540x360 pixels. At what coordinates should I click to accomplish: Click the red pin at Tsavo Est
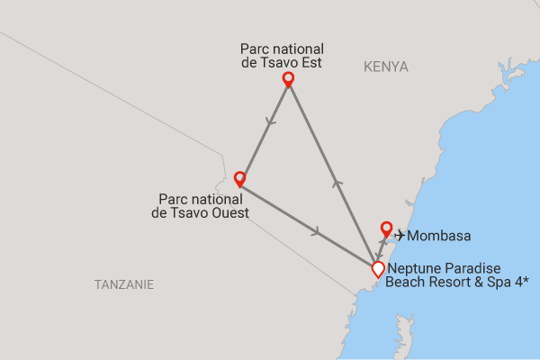288,79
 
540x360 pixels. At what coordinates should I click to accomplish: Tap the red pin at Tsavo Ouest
239,178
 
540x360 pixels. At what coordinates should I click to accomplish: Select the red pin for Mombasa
386,229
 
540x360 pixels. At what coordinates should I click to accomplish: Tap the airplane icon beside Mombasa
400,236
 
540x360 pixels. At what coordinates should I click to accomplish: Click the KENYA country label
386,67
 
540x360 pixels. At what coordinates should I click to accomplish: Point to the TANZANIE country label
124,284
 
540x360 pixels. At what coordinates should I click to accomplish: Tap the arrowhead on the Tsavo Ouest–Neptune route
316,232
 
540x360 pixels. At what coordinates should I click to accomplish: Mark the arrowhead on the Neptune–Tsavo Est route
337,184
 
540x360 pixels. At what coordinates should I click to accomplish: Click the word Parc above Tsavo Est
256,49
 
